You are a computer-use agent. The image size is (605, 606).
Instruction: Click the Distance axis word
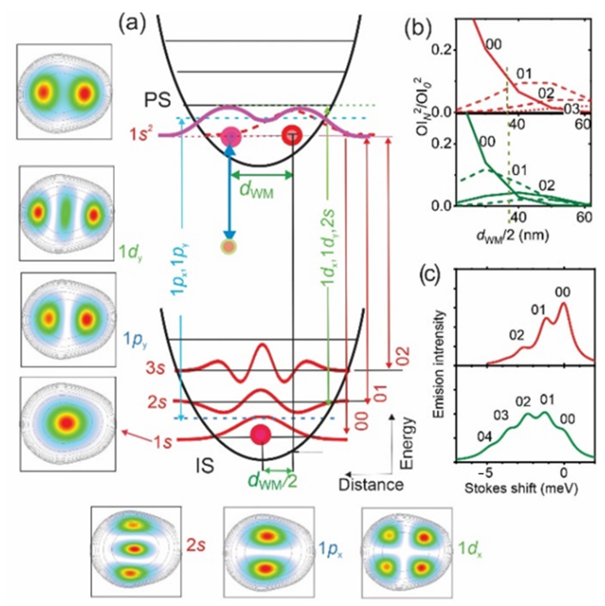point(371,485)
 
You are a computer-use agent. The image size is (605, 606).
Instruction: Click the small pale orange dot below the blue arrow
point(230,246)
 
